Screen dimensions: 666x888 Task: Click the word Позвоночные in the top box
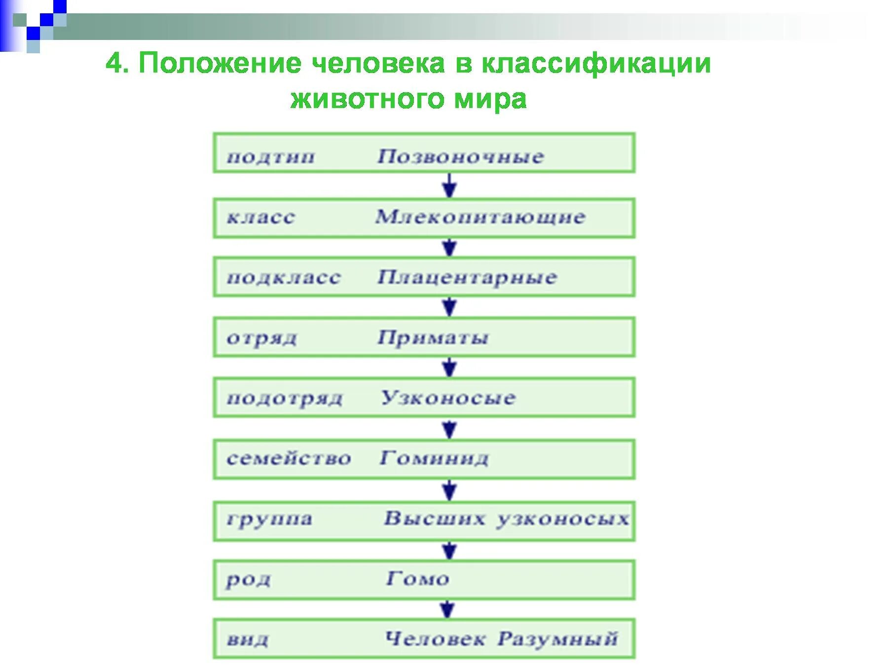tap(460, 156)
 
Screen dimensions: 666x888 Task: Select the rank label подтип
tap(270, 157)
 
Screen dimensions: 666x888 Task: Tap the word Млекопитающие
tap(480, 217)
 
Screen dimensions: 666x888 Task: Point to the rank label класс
tap(260, 218)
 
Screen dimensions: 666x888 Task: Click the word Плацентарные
tap(467, 277)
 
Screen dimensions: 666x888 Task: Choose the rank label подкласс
tap(283, 277)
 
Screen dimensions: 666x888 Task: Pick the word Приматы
tap(433, 338)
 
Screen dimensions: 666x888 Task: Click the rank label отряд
tap(262, 338)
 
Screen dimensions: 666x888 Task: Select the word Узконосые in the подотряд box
tap(448, 398)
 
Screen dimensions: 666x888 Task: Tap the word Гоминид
tap(434, 458)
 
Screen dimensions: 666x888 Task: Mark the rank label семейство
tap(289, 458)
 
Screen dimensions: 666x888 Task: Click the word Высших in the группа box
tap(434, 518)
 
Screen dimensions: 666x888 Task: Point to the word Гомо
tap(417, 578)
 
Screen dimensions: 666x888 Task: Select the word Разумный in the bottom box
tap(557, 639)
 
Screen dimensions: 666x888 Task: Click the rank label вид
tap(248, 640)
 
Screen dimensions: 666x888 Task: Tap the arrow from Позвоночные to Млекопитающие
tap(449, 186)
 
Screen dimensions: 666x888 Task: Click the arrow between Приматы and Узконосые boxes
tap(449, 368)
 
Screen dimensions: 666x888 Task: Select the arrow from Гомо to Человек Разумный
tap(447, 609)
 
